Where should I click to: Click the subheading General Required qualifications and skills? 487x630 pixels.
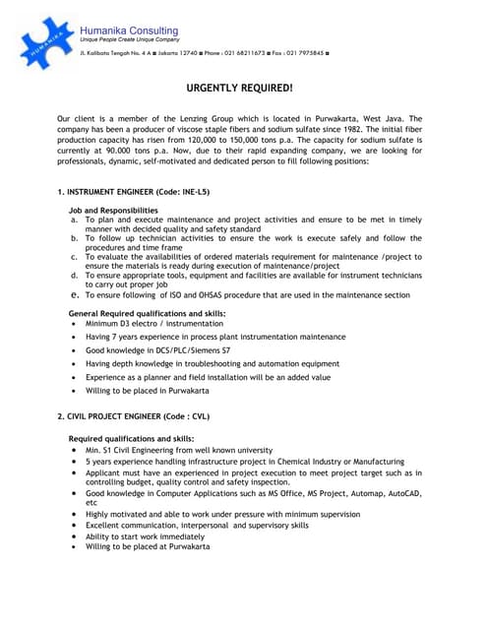[x=147, y=312]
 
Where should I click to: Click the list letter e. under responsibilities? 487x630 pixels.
[x=74, y=293]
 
